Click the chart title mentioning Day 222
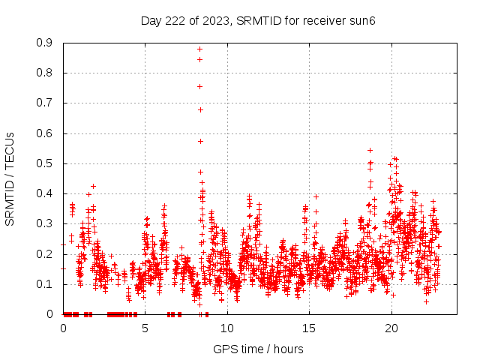click(x=258, y=20)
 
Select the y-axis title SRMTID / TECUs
click(x=10, y=178)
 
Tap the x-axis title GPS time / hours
click(x=258, y=349)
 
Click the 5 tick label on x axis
click(x=145, y=328)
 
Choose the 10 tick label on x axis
click(x=226, y=328)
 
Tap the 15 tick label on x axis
click(x=309, y=328)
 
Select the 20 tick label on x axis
click(x=391, y=328)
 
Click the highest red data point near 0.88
click(x=200, y=49)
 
